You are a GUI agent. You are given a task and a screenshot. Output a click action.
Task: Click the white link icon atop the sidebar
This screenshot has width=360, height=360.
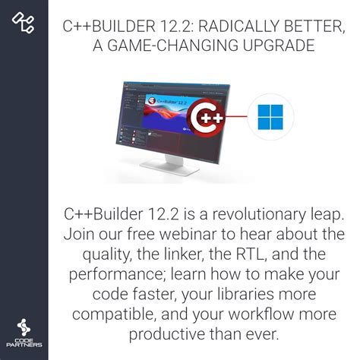(24, 23)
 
